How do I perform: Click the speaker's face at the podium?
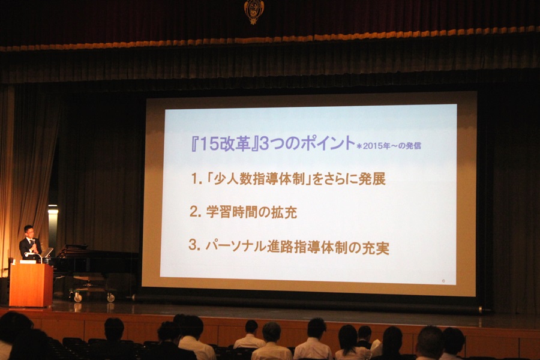tap(29, 232)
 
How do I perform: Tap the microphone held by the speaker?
tap(34, 242)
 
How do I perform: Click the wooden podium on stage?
tap(31, 284)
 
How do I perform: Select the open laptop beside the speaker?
tap(47, 253)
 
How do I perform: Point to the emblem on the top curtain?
tap(254, 11)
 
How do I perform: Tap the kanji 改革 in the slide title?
tap(234, 143)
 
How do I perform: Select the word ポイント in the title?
tap(328, 143)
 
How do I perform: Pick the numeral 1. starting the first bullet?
tap(197, 179)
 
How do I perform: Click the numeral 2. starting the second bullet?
tap(195, 212)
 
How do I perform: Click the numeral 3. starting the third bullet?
tap(194, 245)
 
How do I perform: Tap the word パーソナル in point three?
tap(236, 247)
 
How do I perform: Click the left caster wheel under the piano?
tap(78, 298)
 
